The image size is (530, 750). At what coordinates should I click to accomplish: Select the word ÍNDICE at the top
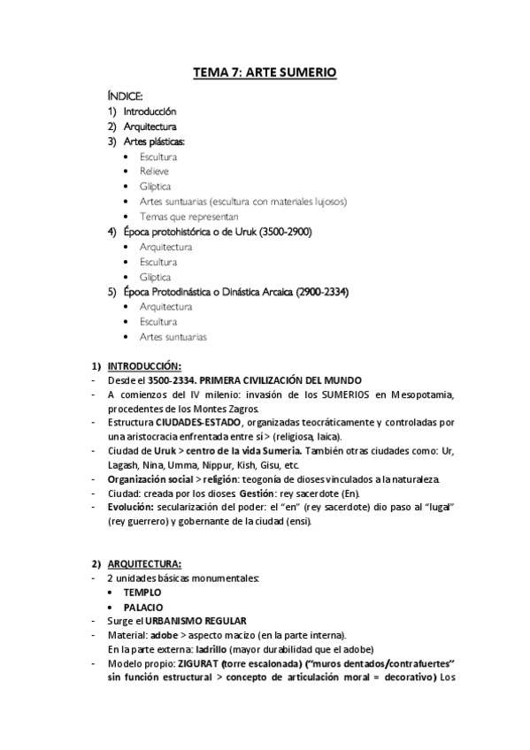(125, 96)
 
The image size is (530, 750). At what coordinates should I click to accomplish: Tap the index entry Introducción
(150, 111)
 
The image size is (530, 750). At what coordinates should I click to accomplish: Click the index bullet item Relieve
(154, 171)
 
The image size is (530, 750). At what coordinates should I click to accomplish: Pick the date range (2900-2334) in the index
(316, 292)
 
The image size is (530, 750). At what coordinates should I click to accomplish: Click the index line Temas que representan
(176, 216)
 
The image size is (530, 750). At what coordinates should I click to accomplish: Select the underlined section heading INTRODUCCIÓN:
(144, 366)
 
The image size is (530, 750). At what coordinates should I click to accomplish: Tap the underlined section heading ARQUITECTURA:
(144, 563)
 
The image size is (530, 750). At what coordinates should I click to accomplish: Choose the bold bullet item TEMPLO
(142, 592)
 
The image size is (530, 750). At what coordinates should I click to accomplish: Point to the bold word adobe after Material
(165, 634)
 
